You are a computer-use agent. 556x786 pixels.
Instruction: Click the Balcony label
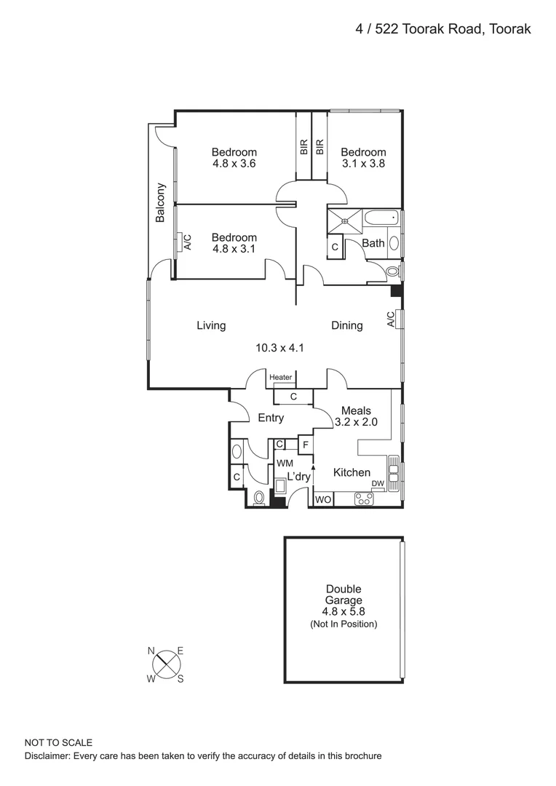tap(161, 203)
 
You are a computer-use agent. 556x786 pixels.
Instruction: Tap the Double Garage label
tap(343, 595)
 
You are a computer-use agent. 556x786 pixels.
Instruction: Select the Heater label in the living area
tap(281, 377)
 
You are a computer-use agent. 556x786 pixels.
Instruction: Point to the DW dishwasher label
tap(378, 484)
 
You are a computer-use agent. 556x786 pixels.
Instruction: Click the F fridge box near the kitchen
tap(306, 444)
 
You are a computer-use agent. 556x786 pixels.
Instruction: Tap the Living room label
tap(211, 325)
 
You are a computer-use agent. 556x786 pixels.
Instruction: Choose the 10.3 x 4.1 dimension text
tap(279, 348)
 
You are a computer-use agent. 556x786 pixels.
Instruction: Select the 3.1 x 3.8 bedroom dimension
tap(363, 163)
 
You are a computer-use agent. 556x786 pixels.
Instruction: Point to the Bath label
tap(373, 243)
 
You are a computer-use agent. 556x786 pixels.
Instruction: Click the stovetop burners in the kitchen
tap(364, 499)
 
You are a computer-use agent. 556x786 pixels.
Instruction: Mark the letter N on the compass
tap(153, 650)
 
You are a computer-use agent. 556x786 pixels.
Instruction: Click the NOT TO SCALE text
tap(58, 743)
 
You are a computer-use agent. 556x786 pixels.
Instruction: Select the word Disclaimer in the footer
tap(49, 757)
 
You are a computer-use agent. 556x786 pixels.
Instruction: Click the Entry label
tap(271, 418)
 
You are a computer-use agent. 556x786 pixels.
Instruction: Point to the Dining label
tap(346, 325)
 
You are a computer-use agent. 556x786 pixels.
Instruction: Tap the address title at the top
tap(443, 29)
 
